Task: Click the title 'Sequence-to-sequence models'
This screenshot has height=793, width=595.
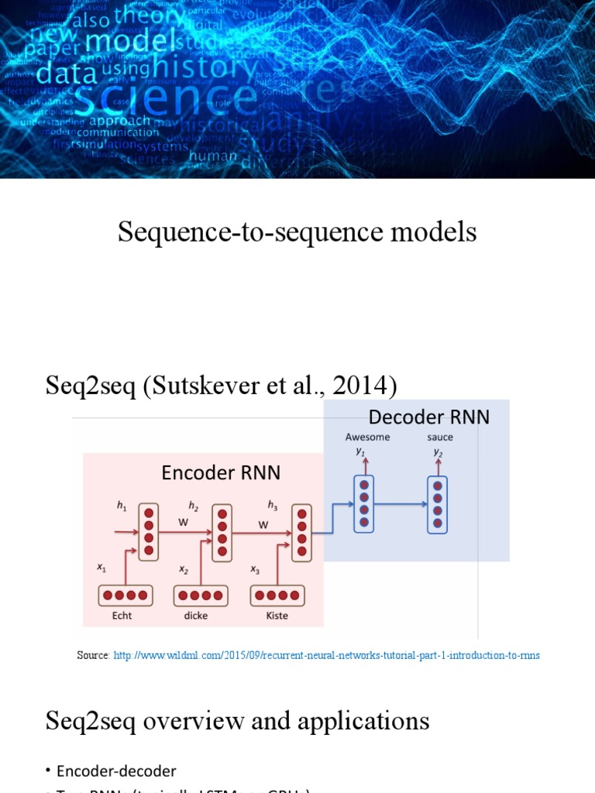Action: tap(297, 232)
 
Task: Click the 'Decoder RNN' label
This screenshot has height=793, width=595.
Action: tap(429, 417)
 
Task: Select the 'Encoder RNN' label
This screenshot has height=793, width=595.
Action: tap(221, 472)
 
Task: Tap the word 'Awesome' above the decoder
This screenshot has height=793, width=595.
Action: tap(367, 438)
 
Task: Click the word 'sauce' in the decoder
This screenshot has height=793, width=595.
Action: tap(439, 438)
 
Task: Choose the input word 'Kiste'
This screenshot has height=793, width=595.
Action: tap(277, 616)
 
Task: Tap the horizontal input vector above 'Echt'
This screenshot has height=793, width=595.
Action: tap(126, 596)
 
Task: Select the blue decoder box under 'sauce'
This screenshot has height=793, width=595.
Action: tap(437, 504)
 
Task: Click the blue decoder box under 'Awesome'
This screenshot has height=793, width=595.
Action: tap(363, 504)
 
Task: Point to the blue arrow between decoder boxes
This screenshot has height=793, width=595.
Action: tap(400, 504)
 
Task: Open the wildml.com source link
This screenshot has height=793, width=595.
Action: tap(326, 655)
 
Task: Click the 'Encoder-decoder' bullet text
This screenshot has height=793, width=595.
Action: tap(116, 771)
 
